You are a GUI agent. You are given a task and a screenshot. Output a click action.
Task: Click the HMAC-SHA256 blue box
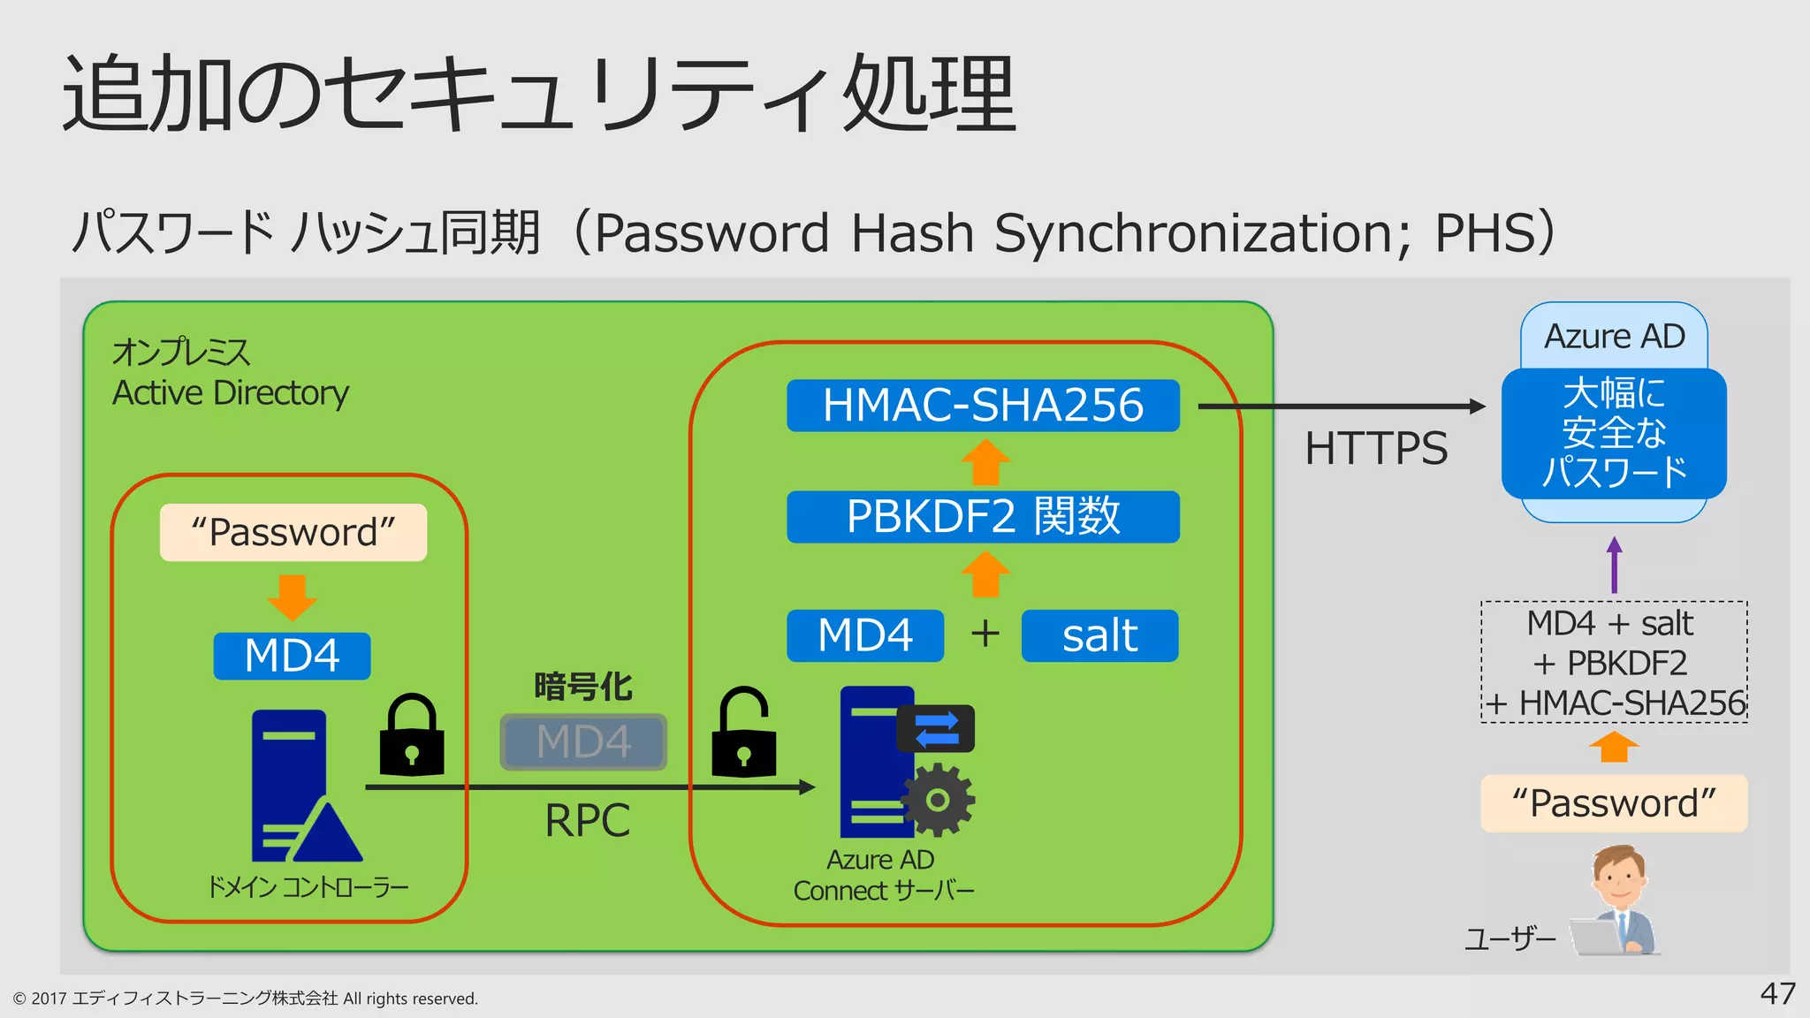(x=983, y=406)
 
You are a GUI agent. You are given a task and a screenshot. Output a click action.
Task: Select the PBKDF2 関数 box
(x=983, y=517)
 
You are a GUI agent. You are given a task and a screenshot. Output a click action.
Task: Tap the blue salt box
(x=1099, y=635)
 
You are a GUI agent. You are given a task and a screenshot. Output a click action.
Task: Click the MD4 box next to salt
(x=865, y=635)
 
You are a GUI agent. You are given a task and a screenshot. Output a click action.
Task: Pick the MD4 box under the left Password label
(x=292, y=656)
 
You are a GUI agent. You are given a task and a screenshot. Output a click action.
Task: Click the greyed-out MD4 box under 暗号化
(x=583, y=741)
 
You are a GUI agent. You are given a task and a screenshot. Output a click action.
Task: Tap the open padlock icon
(x=743, y=733)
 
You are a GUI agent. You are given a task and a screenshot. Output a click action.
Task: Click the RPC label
(x=587, y=821)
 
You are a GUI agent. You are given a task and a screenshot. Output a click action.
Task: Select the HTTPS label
(x=1376, y=448)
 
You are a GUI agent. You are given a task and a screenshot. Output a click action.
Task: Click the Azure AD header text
(x=1614, y=337)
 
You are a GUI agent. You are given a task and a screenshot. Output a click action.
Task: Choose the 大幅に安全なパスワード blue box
(x=1614, y=433)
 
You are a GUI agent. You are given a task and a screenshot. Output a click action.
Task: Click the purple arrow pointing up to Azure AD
(x=1615, y=565)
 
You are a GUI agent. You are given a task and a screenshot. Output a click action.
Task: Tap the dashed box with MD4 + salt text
(x=1614, y=663)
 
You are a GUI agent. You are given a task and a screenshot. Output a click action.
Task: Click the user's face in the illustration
(x=1620, y=876)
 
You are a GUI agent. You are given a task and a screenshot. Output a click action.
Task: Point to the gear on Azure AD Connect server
(x=938, y=800)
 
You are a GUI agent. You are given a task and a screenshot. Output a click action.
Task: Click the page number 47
(x=1777, y=993)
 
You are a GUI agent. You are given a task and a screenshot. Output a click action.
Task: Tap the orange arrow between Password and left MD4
(x=292, y=596)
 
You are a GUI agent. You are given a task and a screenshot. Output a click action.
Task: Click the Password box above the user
(x=1614, y=803)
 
